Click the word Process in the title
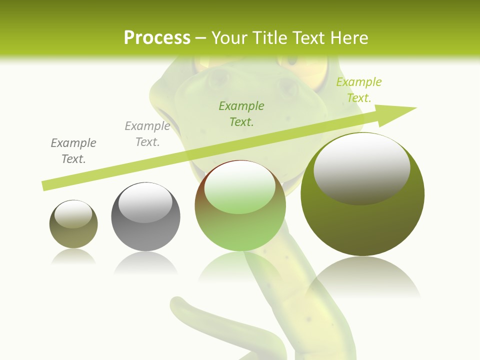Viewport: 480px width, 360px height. click(x=157, y=37)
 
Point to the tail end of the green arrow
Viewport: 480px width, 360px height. click(x=45, y=185)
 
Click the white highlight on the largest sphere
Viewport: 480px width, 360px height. click(x=361, y=167)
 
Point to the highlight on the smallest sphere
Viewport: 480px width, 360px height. click(x=73, y=214)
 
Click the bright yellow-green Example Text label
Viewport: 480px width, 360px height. click(x=358, y=90)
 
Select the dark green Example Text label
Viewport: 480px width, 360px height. click(x=241, y=113)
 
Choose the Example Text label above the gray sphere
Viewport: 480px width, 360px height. click(x=147, y=134)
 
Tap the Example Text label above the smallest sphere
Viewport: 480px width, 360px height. click(x=73, y=151)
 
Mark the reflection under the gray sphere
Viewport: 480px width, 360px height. click(x=145, y=262)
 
